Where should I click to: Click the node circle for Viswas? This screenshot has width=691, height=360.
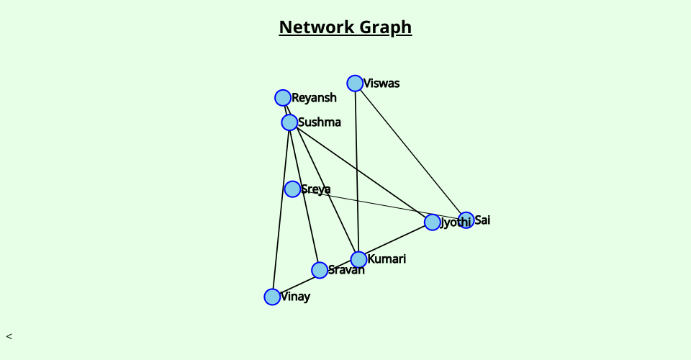355,84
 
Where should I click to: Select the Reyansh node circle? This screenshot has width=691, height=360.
283,98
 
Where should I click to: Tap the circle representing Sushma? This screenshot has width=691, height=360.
289,122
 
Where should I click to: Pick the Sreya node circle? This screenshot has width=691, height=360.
292,189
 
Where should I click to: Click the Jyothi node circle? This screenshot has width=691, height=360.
432,222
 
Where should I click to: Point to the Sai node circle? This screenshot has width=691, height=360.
466,220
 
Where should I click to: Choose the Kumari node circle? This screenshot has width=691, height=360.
358,259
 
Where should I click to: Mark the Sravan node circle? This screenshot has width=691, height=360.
320,270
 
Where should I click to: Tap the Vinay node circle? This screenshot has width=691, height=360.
272,297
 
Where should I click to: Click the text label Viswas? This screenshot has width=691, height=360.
381,84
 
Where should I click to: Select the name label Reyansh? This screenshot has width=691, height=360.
314,98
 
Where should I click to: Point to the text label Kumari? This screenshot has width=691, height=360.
387,259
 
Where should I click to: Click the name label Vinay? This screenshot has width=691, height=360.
295,297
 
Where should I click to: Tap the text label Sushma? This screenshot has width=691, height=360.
320,122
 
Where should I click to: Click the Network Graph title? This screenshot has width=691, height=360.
345,27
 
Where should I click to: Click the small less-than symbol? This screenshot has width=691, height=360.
9,336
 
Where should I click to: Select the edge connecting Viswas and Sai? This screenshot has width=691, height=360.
410,152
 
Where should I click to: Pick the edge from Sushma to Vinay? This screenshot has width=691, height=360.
281,209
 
